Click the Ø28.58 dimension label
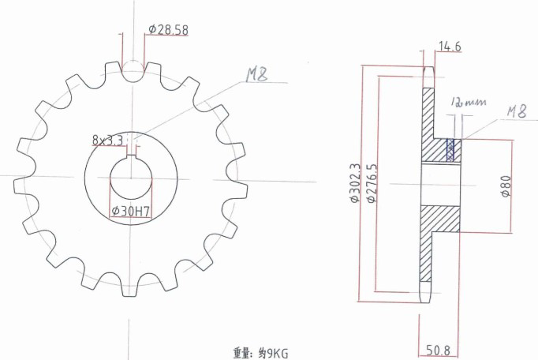click(x=168, y=30)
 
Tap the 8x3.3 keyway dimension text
click(x=108, y=141)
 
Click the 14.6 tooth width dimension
click(x=449, y=47)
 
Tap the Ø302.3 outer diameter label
click(x=354, y=184)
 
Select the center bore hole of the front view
click(x=131, y=182)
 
